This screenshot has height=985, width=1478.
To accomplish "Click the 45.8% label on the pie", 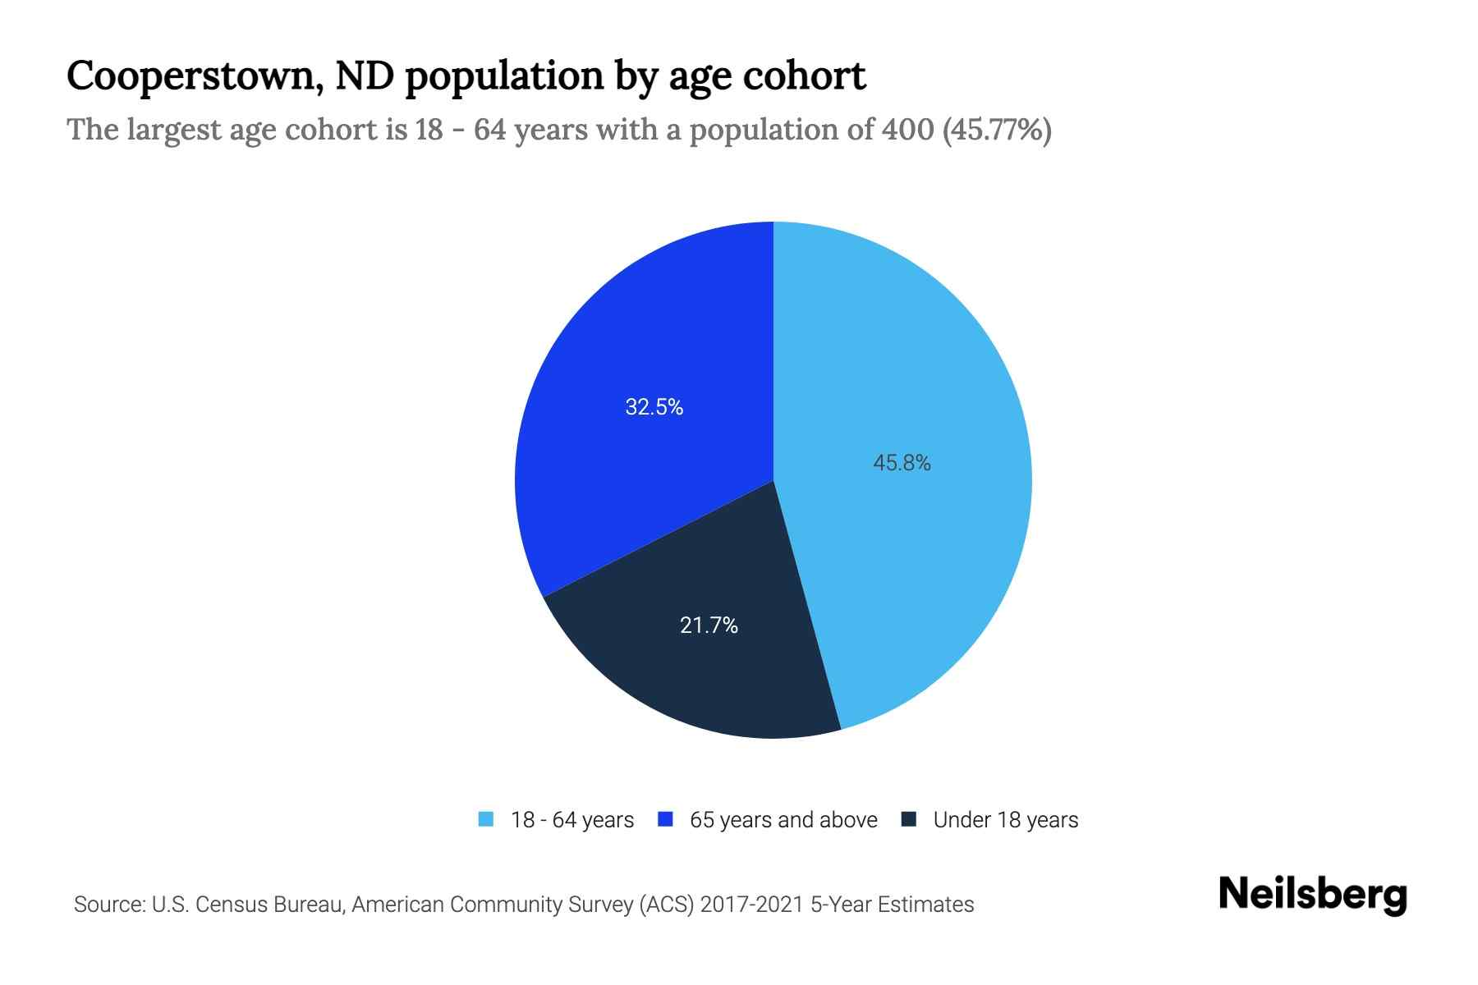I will point(902,464).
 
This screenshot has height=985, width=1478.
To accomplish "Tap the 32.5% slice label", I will point(654,407).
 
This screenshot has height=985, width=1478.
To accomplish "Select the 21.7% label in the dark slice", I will point(709,626).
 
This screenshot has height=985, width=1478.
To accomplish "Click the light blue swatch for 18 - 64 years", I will point(486,819).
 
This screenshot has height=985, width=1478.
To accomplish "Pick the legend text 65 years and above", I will point(783,820).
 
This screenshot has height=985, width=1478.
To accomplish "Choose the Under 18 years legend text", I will point(1005,820).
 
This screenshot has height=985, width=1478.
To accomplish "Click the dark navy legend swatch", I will point(908,819).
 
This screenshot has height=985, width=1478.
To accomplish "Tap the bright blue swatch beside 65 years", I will point(665,819).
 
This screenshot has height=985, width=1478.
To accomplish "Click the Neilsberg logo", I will point(1312,895).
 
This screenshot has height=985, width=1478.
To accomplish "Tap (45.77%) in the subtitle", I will point(997,130).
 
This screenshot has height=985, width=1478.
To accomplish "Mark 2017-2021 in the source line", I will point(751,905).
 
